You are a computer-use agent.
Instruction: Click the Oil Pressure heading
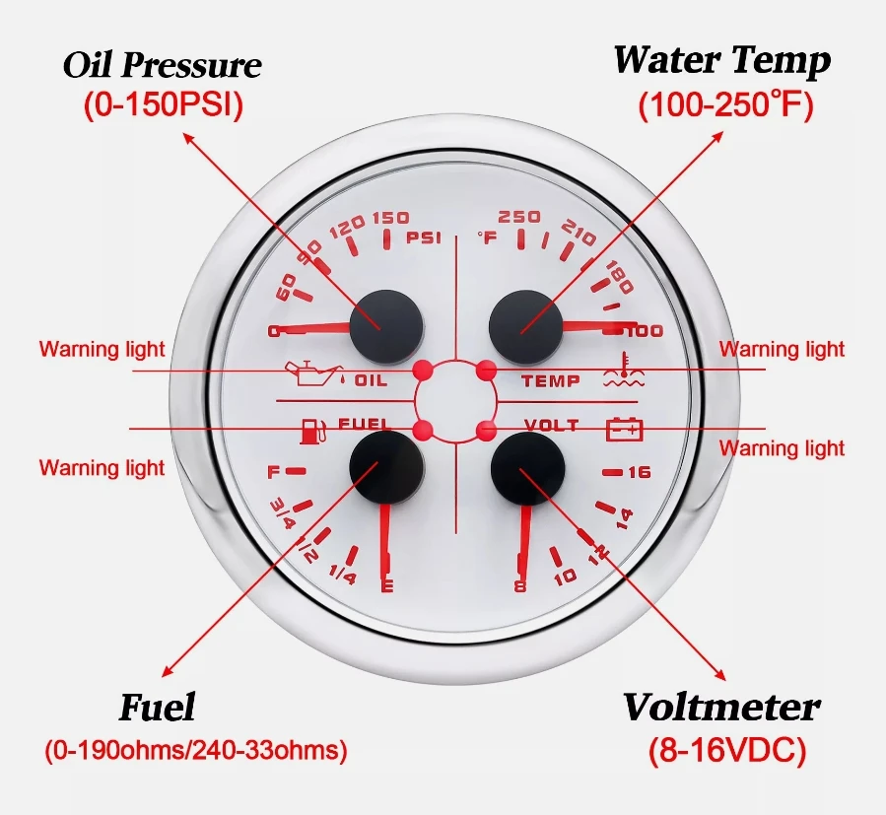(x=163, y=65)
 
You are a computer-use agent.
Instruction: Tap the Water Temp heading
(x=722, y=60)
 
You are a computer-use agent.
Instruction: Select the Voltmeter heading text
(x=721, y=707)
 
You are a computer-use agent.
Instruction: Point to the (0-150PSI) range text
(x=164, y=104)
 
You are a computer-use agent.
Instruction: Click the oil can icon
(x=314, y=373)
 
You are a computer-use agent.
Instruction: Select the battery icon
(x=625, y=429)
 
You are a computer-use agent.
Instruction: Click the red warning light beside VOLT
(x=486, y=431)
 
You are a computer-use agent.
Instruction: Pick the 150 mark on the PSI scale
(x=391, y=218)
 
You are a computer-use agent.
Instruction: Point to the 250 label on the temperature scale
(x=519, y=217)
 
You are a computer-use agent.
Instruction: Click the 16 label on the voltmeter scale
(x=640, y=472)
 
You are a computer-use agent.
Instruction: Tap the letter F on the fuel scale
(x=273, y=471)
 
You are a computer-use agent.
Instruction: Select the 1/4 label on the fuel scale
(x=342, y=576)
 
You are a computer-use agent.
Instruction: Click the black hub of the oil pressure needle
(x=386, y=326)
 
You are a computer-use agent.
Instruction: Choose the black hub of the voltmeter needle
(x=528, y=468)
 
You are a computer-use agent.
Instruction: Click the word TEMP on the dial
(x=551, y=381)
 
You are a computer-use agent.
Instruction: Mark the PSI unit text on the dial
(x=424, y=238)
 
